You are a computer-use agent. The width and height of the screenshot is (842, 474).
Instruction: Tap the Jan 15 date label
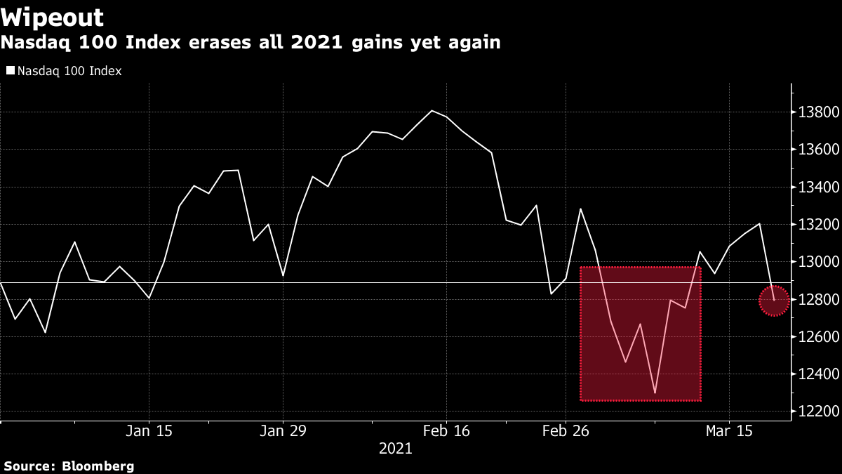coord(149,430)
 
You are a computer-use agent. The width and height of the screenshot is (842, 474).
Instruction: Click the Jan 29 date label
coord(283,430)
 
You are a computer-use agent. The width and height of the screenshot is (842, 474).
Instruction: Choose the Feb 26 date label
coord(566,430)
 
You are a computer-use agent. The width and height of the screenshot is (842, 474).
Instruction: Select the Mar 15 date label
coord(729,430)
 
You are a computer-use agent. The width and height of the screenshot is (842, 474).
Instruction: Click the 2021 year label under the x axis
coord(395,449)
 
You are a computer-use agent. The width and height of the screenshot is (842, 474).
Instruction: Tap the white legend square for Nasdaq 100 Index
coord(10,71)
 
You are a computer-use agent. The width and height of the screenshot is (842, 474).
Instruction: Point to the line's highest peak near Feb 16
coord(432,110)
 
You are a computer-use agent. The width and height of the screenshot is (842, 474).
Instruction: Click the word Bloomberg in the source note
coord(98,466)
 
